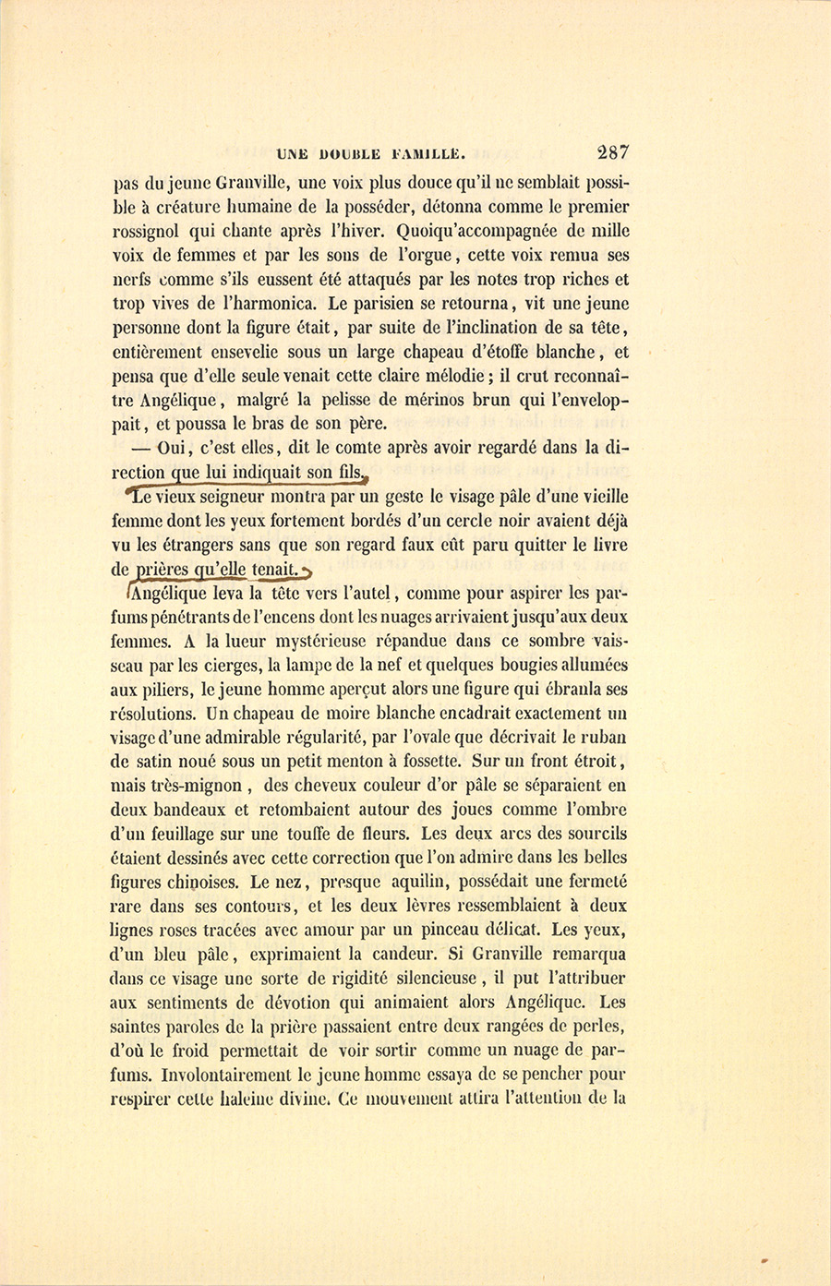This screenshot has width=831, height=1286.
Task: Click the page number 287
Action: point(612,153)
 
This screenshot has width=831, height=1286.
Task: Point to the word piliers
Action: point(164,689)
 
